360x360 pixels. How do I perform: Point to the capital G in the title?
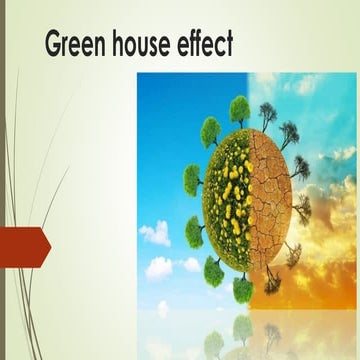(x=54, y=45)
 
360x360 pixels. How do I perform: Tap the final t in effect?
(x=231, y=45)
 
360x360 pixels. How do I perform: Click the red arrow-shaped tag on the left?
(x=24, y=247)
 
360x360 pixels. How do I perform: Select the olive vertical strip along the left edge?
(x=3, y=180)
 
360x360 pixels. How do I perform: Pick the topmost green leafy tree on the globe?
(x=239, y=107)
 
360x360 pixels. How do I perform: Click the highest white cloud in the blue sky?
(x=154, y=233)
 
